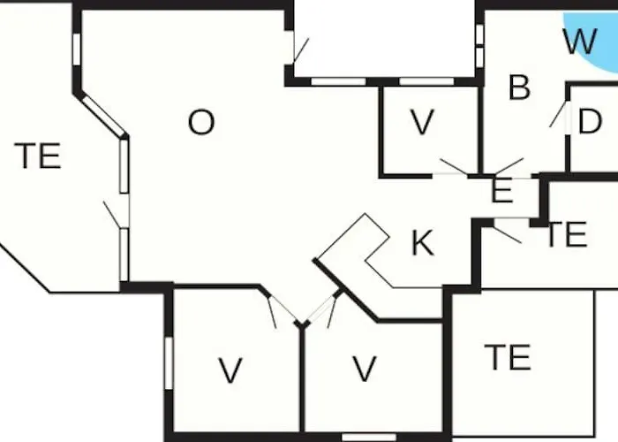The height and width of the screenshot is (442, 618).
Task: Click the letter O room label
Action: point(201,122)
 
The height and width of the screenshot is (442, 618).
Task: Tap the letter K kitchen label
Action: point(423,243)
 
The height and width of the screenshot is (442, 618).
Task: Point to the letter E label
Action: point(502,190)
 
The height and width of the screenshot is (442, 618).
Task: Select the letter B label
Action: point(519,88)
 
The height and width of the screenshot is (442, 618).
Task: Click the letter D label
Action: point(590,121)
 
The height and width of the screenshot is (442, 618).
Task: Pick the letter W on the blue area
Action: point(580,42)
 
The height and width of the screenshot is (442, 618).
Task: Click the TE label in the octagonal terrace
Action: point(38,156)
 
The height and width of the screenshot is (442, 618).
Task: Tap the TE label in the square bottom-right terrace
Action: point(508,357)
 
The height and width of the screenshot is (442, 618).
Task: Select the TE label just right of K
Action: point(567,234)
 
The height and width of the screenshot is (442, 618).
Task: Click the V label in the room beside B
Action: point(422,122)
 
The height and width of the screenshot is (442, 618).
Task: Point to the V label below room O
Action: point(230,370)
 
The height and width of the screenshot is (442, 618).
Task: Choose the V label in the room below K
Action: point(365,369)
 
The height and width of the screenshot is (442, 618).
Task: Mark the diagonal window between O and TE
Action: point(103,115)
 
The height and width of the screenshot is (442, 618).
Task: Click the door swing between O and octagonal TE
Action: point(111,215)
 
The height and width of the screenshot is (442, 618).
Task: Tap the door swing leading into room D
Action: point(558,114)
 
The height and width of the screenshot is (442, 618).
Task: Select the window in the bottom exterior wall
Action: point(369,438)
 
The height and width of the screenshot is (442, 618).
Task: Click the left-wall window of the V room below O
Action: point(169,363)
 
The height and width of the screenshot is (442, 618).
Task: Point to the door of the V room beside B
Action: point(454,166)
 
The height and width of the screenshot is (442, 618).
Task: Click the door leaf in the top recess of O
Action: point(302,51)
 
